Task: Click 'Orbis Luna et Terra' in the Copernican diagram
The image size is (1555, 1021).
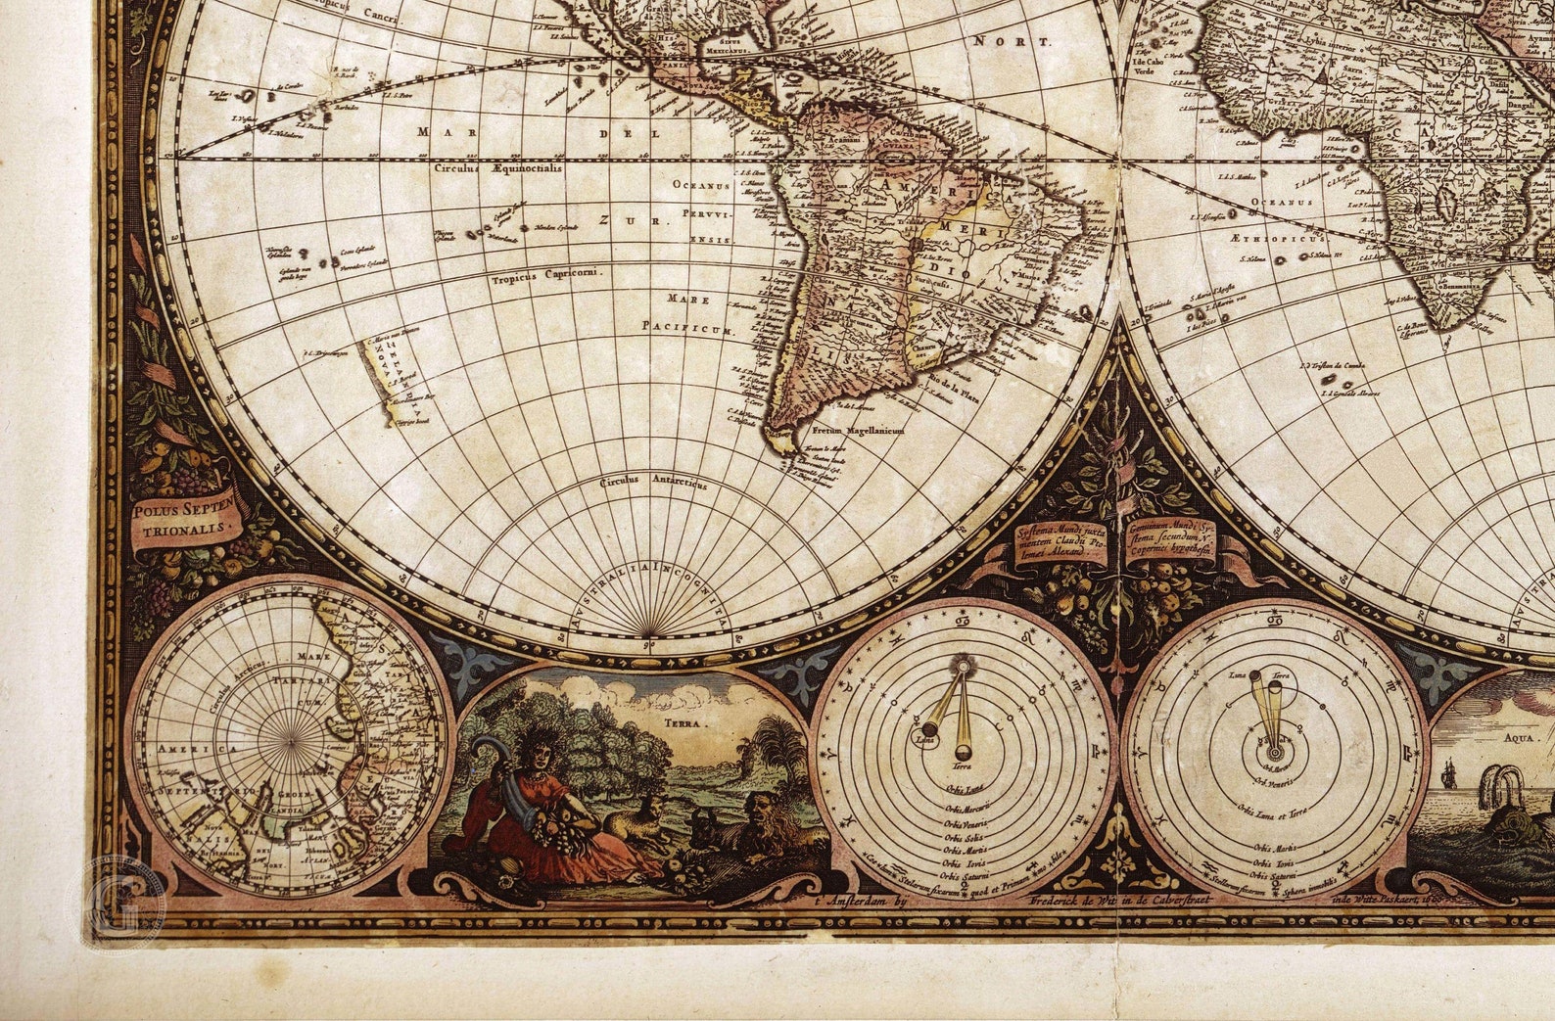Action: tap(1273, 811)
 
